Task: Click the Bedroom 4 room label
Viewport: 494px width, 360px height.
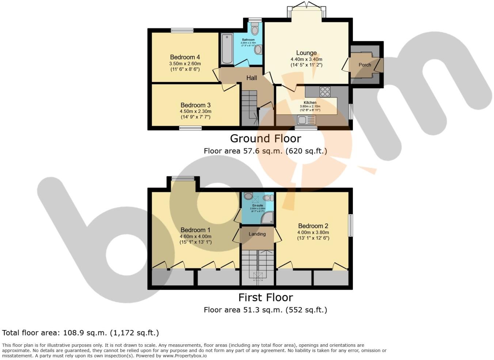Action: click(x=185, y=57)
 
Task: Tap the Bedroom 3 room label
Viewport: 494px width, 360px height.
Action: click(x=195, y=105)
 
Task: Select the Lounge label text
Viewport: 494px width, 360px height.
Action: click(x=306, y=53)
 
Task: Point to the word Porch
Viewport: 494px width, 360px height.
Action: click(x=365, y=65)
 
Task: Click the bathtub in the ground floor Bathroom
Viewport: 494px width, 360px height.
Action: click(x=227, y=49)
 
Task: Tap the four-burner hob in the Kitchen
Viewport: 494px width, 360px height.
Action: click(x=324, y=91)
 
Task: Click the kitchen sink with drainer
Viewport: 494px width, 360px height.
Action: click(x=306, y=120)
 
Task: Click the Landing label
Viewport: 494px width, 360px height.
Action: click(x=257, y=234)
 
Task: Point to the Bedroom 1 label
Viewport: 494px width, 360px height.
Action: click(x=195, y=230)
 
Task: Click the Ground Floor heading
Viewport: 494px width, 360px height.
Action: click(x=265, y=139)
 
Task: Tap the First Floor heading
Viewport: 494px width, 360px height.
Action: click(x=265, y=298)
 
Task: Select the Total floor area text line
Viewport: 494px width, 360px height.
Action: click(x=80, y=333)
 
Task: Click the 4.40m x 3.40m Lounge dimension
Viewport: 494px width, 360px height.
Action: click(x=306, y=59)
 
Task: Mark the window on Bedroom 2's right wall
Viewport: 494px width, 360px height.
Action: click(x=350, y=225)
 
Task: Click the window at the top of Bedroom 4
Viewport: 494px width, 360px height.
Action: click(x=182, y=31)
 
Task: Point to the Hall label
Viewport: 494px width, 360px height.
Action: click(x=251, y=78)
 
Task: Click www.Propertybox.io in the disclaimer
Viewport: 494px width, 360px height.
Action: click(x=185, y=356)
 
